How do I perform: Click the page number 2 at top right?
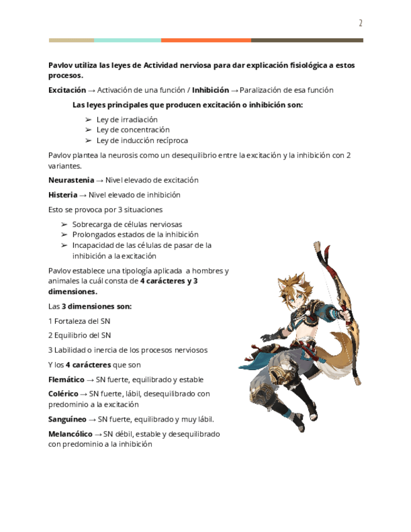361,23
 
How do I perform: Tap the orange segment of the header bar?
206,40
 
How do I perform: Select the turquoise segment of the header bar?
127,40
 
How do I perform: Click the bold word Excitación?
67,90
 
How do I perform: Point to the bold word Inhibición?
210,90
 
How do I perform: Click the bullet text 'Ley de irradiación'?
127,119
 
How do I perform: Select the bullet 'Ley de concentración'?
133,130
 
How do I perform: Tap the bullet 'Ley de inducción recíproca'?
142,141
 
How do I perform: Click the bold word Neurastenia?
71,180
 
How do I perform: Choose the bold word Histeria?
63,195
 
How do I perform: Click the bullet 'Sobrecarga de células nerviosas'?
127,224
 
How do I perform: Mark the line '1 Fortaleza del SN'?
79,321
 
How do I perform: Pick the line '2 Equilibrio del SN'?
80,336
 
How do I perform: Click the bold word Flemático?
66,380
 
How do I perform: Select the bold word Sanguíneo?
67,419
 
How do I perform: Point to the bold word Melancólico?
70,434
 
